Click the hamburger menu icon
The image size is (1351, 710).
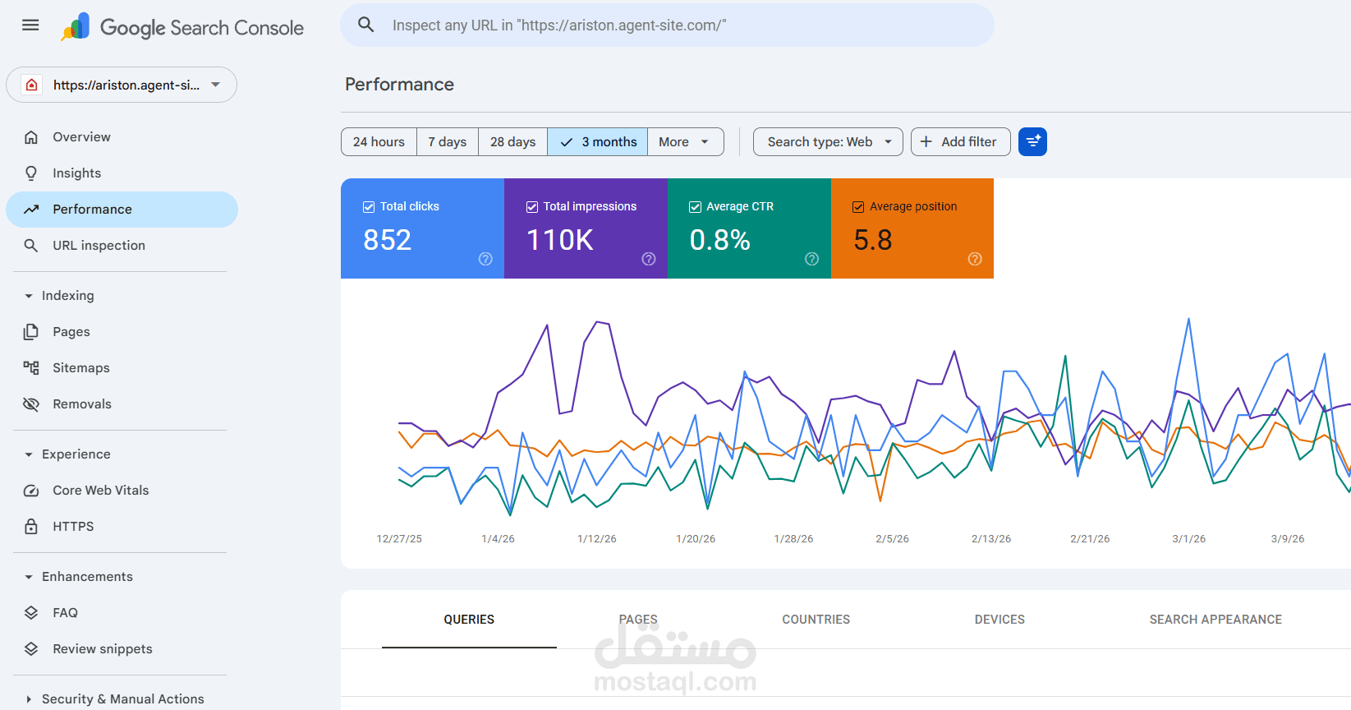tap(30, 25)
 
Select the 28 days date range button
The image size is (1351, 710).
tap(512, 142)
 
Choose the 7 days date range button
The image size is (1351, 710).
tap(447, 142)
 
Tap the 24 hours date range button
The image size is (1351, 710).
tap(379, 142)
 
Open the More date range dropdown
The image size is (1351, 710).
tap(685, 142)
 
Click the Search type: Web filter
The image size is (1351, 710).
tap(828, 142)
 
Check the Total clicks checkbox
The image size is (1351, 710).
tap(369, 207)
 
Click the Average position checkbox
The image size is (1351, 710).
tap(857, 207)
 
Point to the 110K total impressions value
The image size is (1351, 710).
tap(560, 240)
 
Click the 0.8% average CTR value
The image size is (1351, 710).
tap(720, 240)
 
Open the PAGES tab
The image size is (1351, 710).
tap(638, 620)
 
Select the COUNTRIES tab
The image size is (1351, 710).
tap(816, 620)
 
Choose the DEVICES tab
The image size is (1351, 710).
tap(999, 620)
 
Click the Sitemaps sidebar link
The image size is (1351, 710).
tap(80, 368)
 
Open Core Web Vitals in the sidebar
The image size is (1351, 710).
tap(100, 491)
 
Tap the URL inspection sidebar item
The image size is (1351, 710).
tap(99, 246)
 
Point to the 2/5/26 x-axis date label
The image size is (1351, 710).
tap(892, 539)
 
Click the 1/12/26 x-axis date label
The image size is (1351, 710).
tap(596, 539)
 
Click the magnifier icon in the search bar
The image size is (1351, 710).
tap(365, 25)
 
